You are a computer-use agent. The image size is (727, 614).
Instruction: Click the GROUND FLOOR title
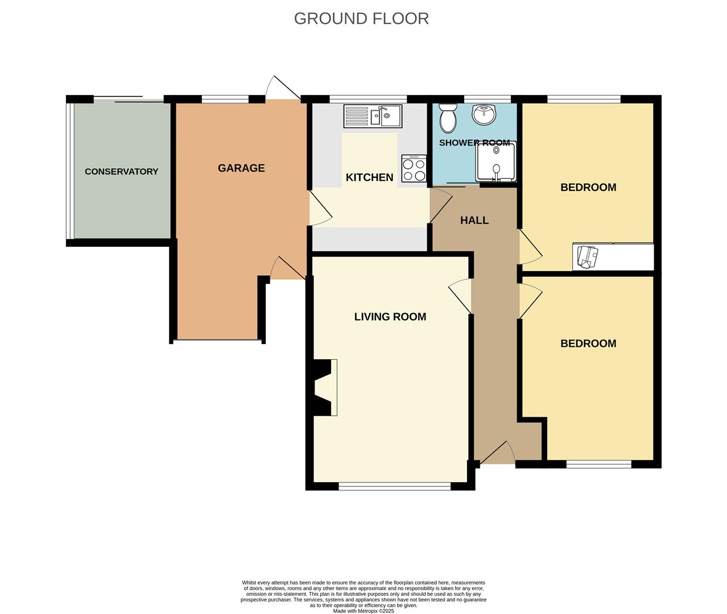(x=361, y=19)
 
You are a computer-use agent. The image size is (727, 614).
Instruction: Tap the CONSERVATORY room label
(x=122, y=172)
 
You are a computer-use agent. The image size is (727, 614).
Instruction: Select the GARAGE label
(x=241, y=168)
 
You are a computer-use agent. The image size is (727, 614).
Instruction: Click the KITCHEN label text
(x=369, y=177)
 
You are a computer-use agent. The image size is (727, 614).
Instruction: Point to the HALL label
(x=474, y=221)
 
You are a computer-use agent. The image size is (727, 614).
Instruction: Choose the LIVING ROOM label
(x=390, y=317)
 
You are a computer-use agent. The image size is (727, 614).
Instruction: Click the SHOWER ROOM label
(x=474, y=143)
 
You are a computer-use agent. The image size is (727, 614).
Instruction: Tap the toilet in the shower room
(x=448, y=118)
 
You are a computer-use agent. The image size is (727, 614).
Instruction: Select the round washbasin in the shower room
(x=484, y=114)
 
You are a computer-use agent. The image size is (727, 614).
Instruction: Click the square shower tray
(x=496, y=161)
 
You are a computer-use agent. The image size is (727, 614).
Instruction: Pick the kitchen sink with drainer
(x=373, y=116)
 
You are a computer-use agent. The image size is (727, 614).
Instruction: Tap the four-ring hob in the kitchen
(x=414, y=168)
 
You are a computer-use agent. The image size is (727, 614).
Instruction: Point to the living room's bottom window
(x=394, y=486)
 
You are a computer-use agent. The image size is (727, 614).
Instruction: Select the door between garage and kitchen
(x=321, y=208)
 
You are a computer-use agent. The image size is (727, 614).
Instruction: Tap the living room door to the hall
(x=460, y=296)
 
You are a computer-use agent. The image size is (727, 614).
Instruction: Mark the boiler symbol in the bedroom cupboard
(x=588, y=257)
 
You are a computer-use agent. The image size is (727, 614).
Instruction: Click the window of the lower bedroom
(x=598, y=464)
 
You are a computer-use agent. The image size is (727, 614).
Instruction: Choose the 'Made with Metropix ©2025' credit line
(x=363, y=611)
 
